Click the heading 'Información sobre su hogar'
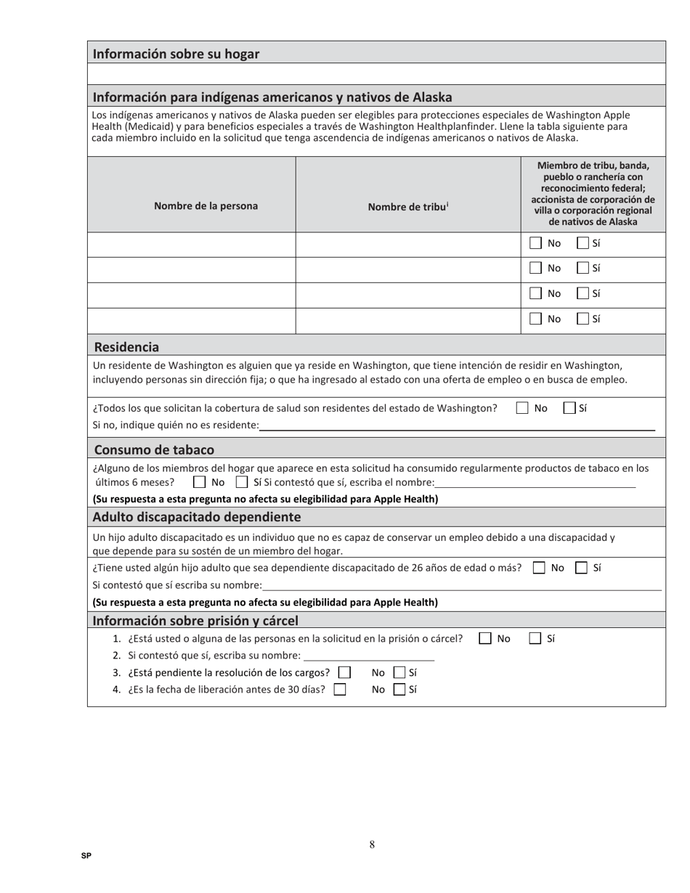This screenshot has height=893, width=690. click(x=176, y=54)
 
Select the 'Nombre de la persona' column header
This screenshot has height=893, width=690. click(x=206, y=205)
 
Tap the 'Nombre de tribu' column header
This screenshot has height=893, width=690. click(x=407, y=206)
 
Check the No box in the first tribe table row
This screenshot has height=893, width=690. click(x=536, y=243)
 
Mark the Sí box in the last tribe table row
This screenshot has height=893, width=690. click(x=583, y=319)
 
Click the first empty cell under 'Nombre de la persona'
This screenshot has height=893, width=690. click(x=192, y=244)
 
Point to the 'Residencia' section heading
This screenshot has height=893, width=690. click(x=126, y=346)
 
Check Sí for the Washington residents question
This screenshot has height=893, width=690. click(x=570, y=408)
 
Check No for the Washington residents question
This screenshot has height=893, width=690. click(x=522, y=408)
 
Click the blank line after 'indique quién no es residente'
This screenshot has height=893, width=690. click(x=457, y=425)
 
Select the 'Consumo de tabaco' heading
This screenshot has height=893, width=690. click(x=154, y=449)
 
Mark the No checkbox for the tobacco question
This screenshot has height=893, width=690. click(x=199, y=482)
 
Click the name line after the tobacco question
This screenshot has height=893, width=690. click(x=535, y=483)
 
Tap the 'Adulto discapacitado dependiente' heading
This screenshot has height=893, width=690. click(x=196, y=517)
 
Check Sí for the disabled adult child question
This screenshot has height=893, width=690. click(x=581, y=568)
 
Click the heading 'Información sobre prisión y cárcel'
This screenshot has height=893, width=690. click(x=195, y=620)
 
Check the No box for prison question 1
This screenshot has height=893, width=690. click(x=485, y=639)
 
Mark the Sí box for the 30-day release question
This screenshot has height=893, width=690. click(x=399, y=690)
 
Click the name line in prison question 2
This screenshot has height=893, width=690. click(x=369, y=656)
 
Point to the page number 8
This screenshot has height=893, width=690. click(x=372, y=844)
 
